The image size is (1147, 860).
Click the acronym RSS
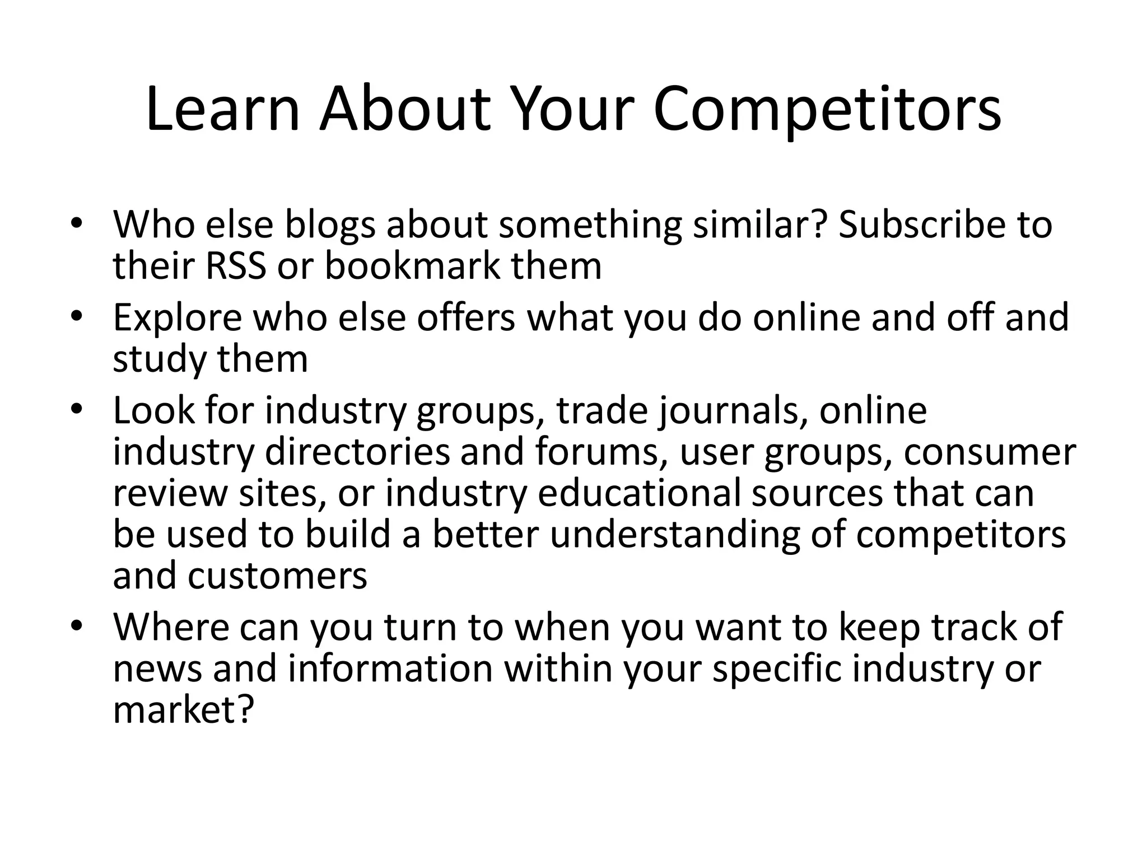coord(235,266)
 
